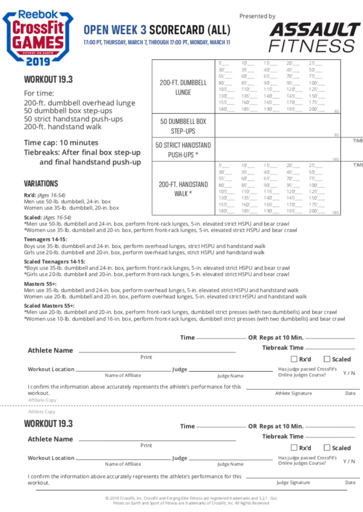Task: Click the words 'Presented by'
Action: (257, 16)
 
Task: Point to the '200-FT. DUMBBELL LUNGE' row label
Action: (183, 87)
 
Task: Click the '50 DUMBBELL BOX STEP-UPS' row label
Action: (183, 126)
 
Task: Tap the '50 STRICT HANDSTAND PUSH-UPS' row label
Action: (183, 150)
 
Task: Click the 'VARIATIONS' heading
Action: (41, 183)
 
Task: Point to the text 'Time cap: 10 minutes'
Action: (61, 143)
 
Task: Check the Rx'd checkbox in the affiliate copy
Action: (294, 359)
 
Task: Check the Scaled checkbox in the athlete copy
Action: (327, 448)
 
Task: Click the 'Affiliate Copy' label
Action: (42, 400)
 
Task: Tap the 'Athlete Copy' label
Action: (42, 412)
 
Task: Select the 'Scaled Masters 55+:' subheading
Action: (49, 306)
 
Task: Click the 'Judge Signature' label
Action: (293, 482)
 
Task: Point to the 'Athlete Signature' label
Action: (294, 393)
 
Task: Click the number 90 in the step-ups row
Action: (336, 135)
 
